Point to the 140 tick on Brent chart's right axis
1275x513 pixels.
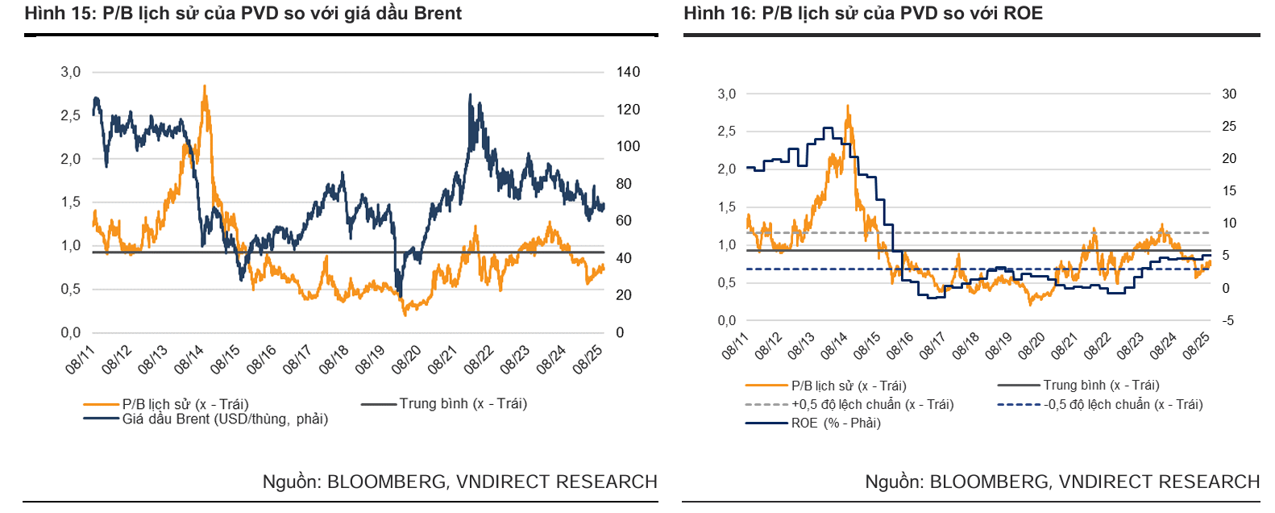(x=628, y=73)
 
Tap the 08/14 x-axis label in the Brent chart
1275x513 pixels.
(x=189, y=360)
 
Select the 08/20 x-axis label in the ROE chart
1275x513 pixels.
(x=1032, y=346)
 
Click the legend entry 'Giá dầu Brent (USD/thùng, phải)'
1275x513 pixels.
(x=225, y=419)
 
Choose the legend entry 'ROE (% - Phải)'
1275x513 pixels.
(x=836, y=423)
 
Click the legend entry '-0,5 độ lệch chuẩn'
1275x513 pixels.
(x=1123, y=404)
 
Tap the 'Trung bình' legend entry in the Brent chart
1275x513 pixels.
(x=463, y=403)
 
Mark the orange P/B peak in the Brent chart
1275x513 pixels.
(x=205, y=86)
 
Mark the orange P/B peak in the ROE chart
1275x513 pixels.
(x=848, y=106)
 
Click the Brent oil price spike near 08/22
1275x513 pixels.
(x=470, y=95)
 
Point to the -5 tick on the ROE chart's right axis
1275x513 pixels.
(x=1227, y=320)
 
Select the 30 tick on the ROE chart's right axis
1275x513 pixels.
(x=1228, y=94)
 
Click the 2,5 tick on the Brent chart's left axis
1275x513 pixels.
(x=71, y=116)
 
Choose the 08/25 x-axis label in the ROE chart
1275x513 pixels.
(x=1197, y=346)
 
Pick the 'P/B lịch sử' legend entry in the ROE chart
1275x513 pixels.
(x=848, y=386)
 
